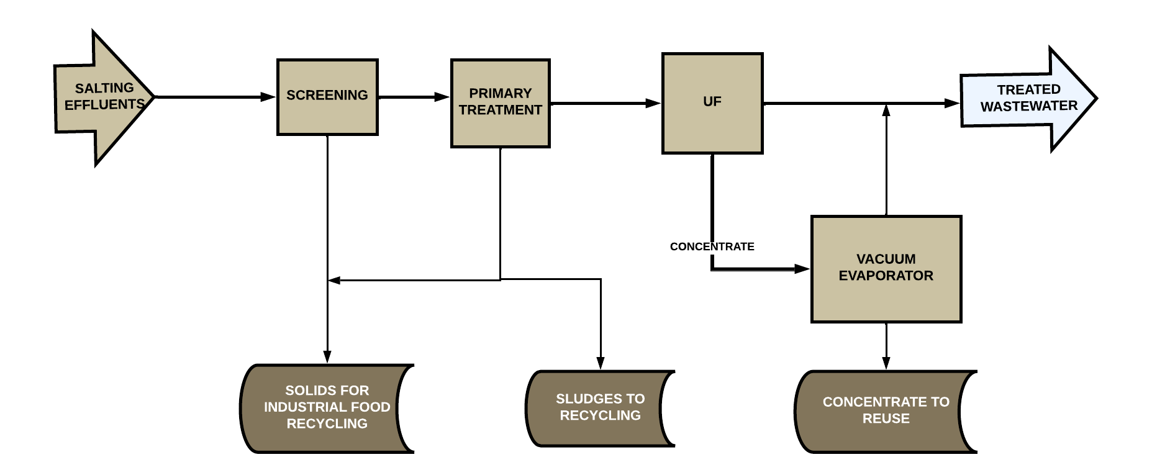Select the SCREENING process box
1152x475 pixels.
(x=327, y=96)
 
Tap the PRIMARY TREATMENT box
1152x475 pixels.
(x=500, y=102)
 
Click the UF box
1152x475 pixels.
(x=712, y=102)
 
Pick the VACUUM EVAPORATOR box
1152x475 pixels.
(x=886, y=268)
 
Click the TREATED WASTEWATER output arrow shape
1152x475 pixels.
(x=1028, y=99)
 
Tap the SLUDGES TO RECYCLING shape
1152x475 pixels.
(x=599, y=408)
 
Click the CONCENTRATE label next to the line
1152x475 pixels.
(x=712, y=247)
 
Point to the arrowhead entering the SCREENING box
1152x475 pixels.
(x=268, y=97)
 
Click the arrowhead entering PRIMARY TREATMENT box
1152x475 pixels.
(x=442, y=97)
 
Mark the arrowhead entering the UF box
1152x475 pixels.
(x=653, y=103)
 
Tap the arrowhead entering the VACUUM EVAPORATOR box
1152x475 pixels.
(x=802, y=269)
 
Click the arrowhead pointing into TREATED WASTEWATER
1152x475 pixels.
(x=952, y=103)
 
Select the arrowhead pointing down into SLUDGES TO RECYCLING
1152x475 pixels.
(x=601, y=363)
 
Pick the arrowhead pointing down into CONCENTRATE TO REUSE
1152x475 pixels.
(x=886, y=363)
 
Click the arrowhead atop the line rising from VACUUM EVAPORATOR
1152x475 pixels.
(x=886, y=111)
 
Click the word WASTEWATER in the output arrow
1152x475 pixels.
(x=1028, y=106)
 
